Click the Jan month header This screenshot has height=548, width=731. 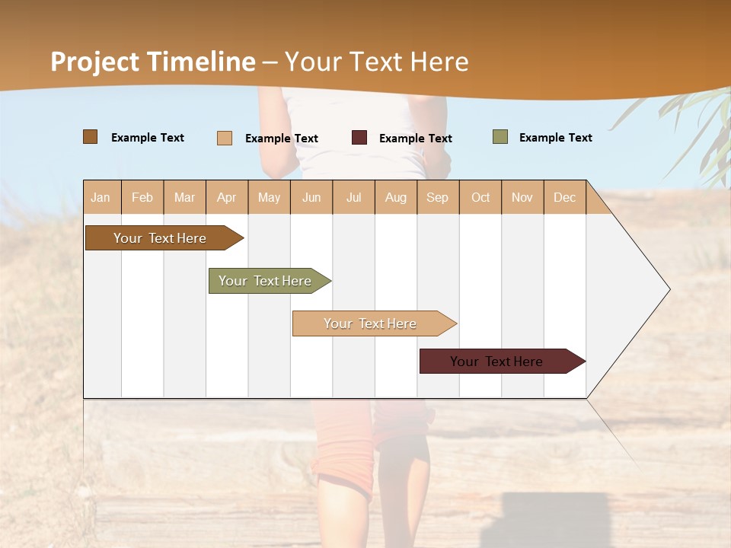click(101, 197)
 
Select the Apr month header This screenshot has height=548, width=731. click(227, 197)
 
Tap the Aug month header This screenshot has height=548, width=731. click(396, 197)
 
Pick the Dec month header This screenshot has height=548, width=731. click(564, 197)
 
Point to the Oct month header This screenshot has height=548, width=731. click(480, 197)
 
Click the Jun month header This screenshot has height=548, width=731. click(311, 197)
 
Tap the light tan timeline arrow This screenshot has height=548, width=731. click(371, 323)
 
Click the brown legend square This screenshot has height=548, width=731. click(91, 137)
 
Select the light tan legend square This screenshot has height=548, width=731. click(225, 138)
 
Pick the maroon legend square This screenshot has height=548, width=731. click(359, 138)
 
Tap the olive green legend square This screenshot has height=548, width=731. click(500, 137)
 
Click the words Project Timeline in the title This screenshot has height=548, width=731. click(153, 62)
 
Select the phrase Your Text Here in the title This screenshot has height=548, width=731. click(377, 62)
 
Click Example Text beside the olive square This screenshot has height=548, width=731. click(555, 138)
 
